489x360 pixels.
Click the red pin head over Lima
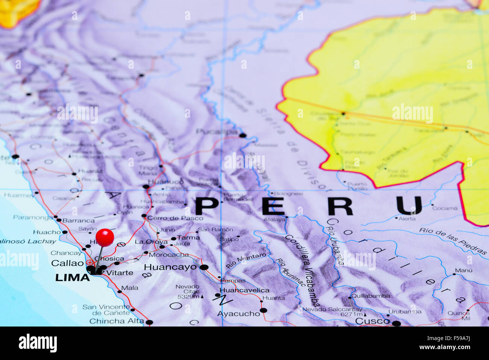pyautogui.click(x=105, y=237)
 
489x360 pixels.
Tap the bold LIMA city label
pyautogui.click(x=72, y=278)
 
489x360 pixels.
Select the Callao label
pyautogui.click(x=67, y=263)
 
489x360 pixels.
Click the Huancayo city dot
pyautogui.click(x=204, y=267)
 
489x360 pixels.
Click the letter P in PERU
pyautogui.click(x=207, y=206)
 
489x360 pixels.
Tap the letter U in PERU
pyautogui.click(x=409, y=206)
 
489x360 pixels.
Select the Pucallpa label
pyautogui.click(x=217, y=132)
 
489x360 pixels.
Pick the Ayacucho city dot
pyautogui.click(x=263, y=310)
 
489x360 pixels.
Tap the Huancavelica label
pyautogui.click(x=244, y=290)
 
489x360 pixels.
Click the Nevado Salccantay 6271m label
pyautogui.click(x=333, y=312)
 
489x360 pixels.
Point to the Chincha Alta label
pyautogui.click(x=116, y=321)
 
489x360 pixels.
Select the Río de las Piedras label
pyautogui.click(x=453, y=241)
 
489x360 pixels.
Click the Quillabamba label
pyautogui.click(x=371, y=296)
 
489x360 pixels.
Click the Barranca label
pyautogui.click(x=78, y=221)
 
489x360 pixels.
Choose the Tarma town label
pyautogui.click(x=188, y=238)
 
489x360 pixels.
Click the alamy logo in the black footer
pyautogui.click(x=38, y=343)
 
